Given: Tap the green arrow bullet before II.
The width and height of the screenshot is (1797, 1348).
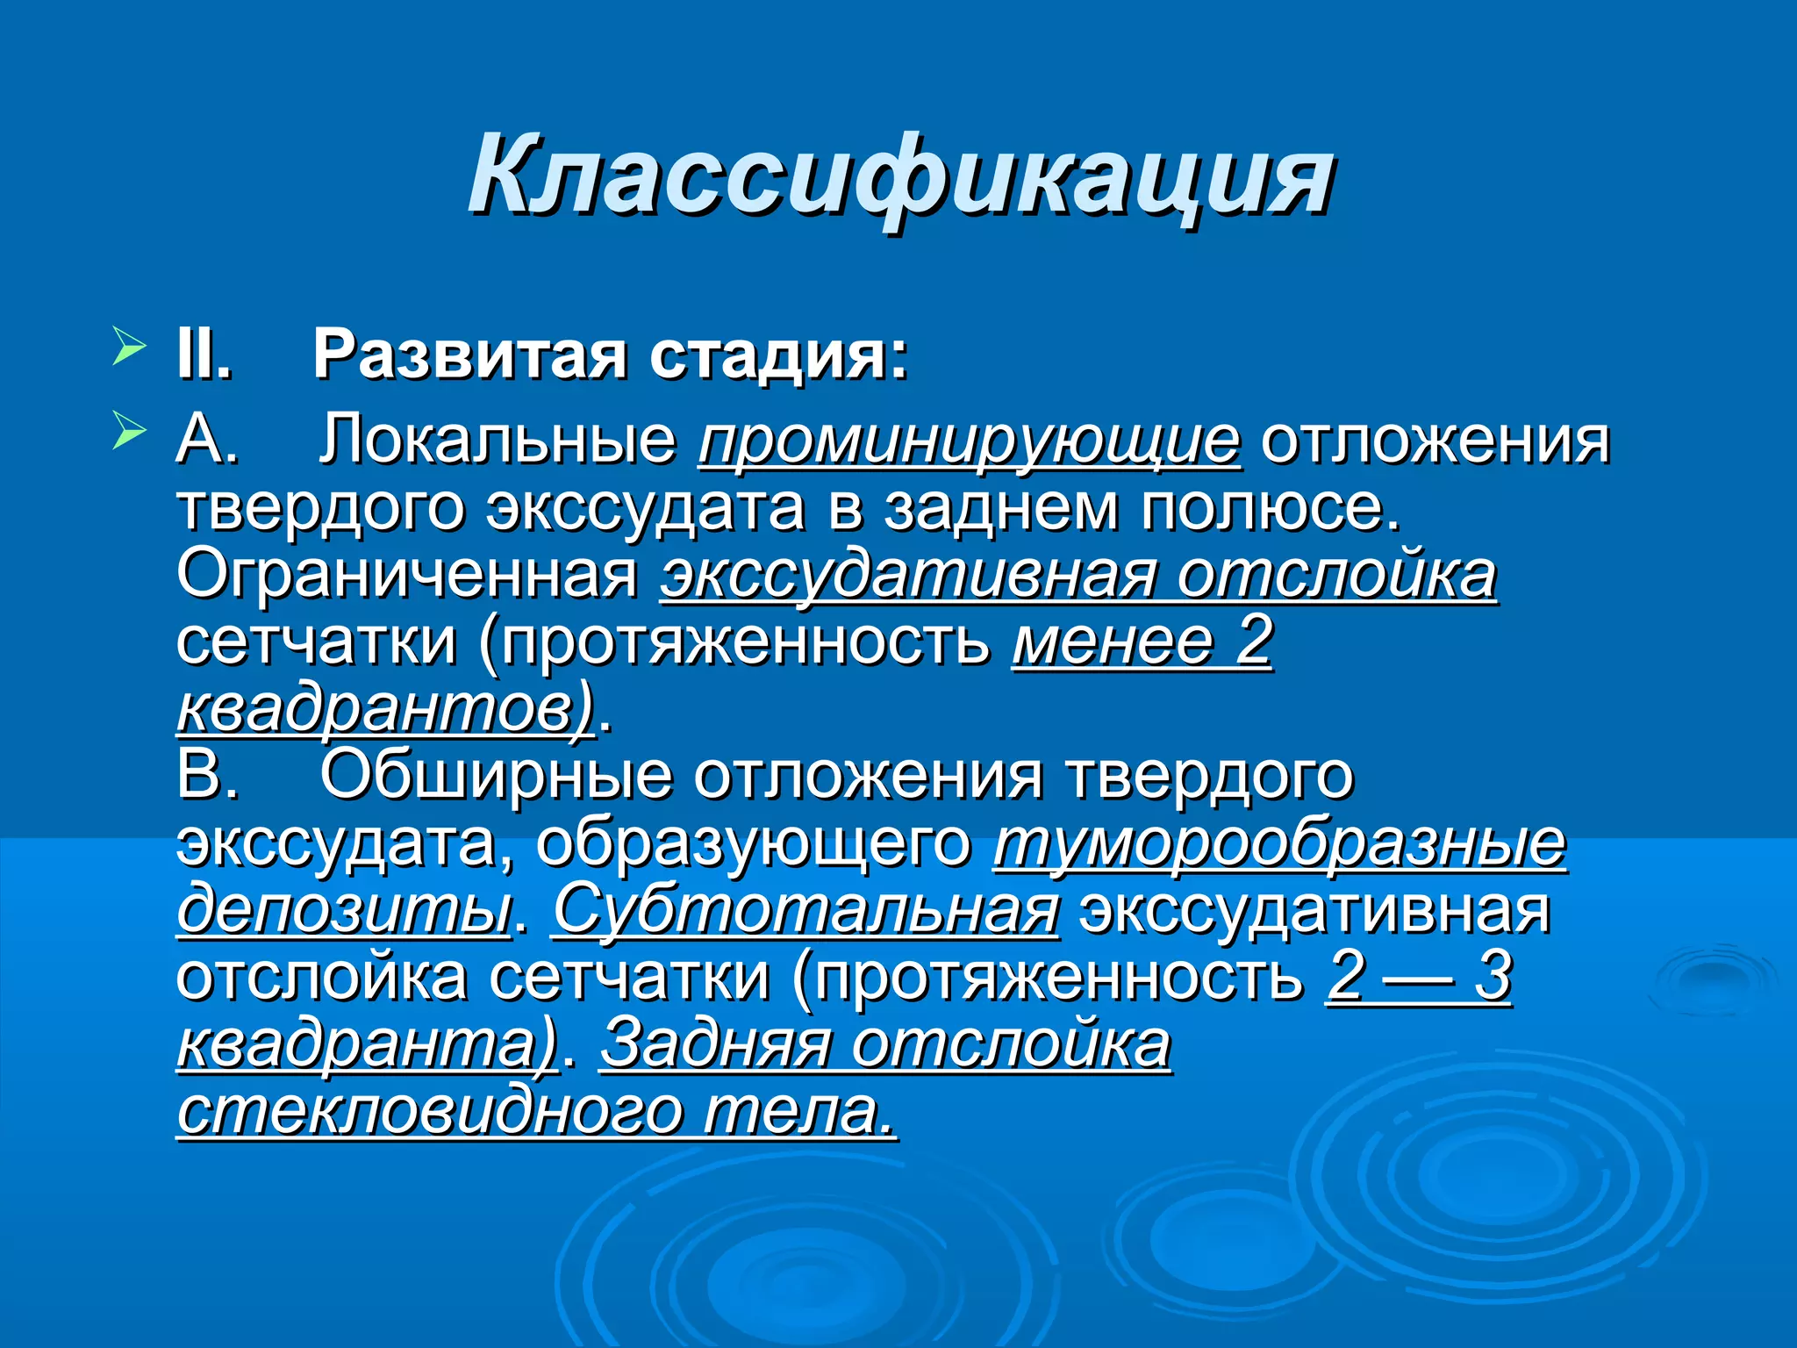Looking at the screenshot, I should (x=129, y=348).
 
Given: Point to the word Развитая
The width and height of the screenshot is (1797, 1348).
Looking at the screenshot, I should (x=470, y=355).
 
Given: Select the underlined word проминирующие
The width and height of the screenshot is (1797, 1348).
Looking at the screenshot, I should (x=970, y=441).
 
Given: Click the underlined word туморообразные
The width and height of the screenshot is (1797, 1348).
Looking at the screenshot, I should (x=1279, y=844).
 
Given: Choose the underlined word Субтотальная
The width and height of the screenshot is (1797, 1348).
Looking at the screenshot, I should (x=805, y=910).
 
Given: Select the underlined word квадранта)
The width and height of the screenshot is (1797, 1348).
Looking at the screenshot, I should (x=368, y=1044).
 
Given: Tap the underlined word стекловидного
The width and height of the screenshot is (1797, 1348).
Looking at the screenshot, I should (x=430, y=1112).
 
